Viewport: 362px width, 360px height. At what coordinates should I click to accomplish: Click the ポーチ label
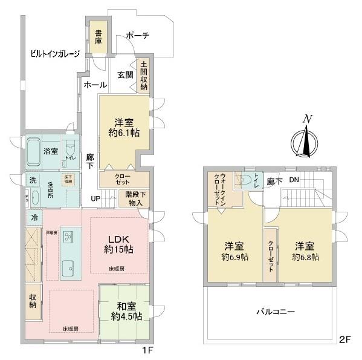pyautogui.click(x=137, y=36)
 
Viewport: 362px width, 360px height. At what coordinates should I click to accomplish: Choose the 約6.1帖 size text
pyautogui.click(x=124, y=134)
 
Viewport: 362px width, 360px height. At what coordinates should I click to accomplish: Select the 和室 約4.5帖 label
pyautogui.click(x=126, y=310)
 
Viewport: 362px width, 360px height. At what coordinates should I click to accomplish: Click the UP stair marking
pyautogui.click(x=95, y=198)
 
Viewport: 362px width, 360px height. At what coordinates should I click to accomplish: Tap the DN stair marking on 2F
pyautogui.click(x=294, y=180)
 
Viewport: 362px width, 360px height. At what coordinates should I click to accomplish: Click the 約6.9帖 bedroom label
pyautogui.click(x=233, y=252)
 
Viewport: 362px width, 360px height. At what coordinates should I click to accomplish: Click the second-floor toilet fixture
pyautogui.click(x=245, y=181)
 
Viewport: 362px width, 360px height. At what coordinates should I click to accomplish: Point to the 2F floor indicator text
pyautogui.click(x=344, y=339)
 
